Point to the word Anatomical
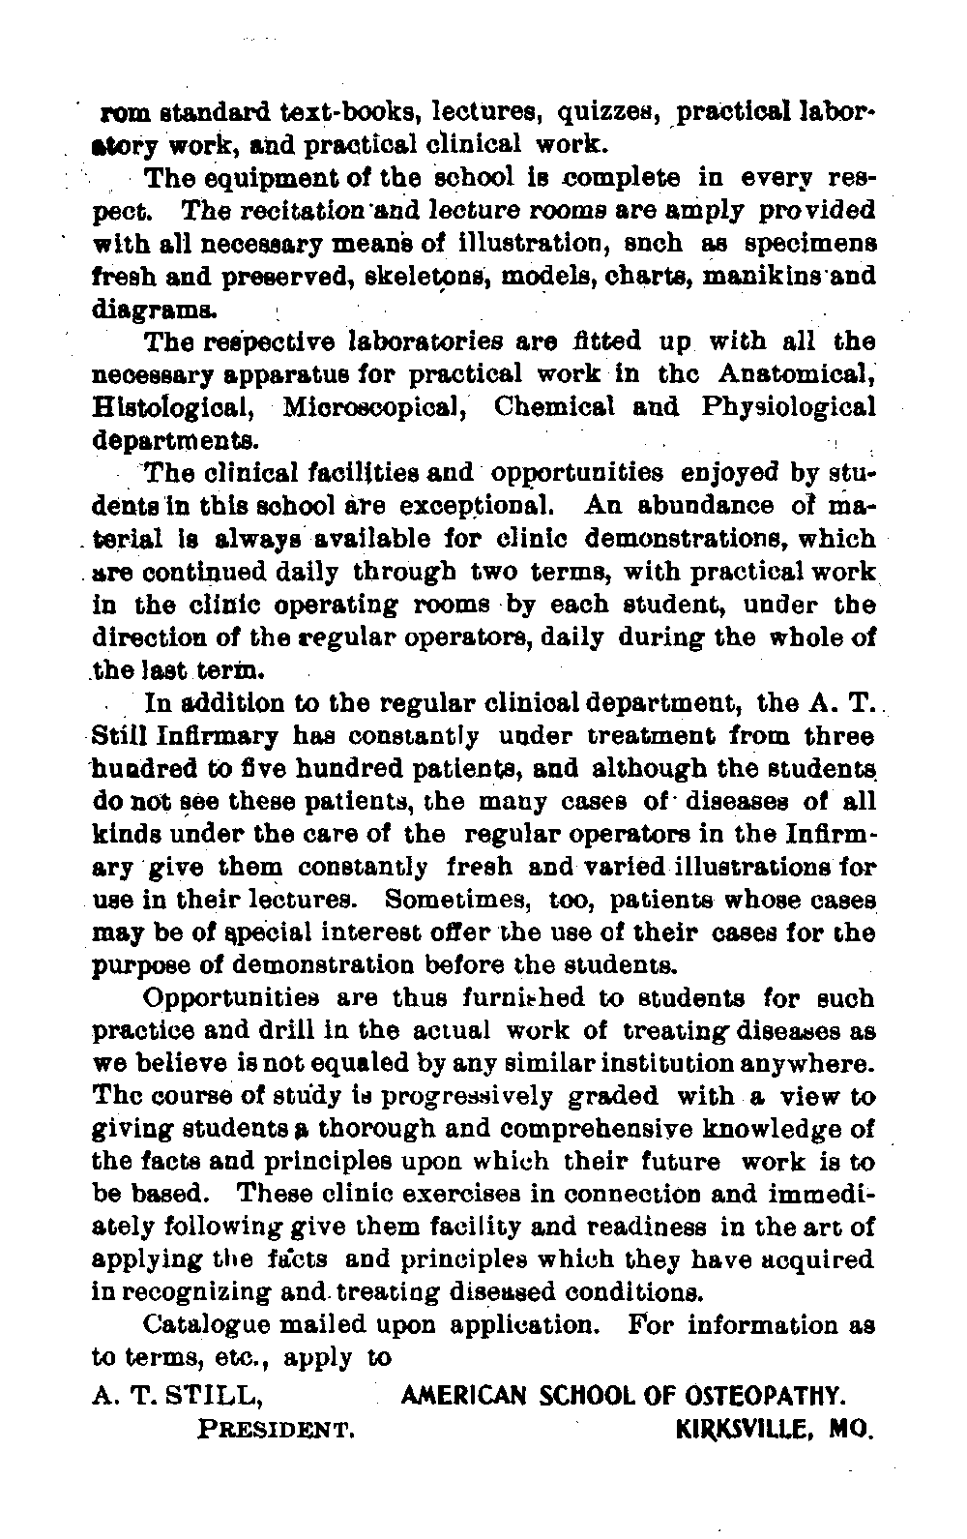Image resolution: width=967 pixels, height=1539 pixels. [797, 374]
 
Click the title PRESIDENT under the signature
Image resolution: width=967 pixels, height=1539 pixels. [274, 1428]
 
